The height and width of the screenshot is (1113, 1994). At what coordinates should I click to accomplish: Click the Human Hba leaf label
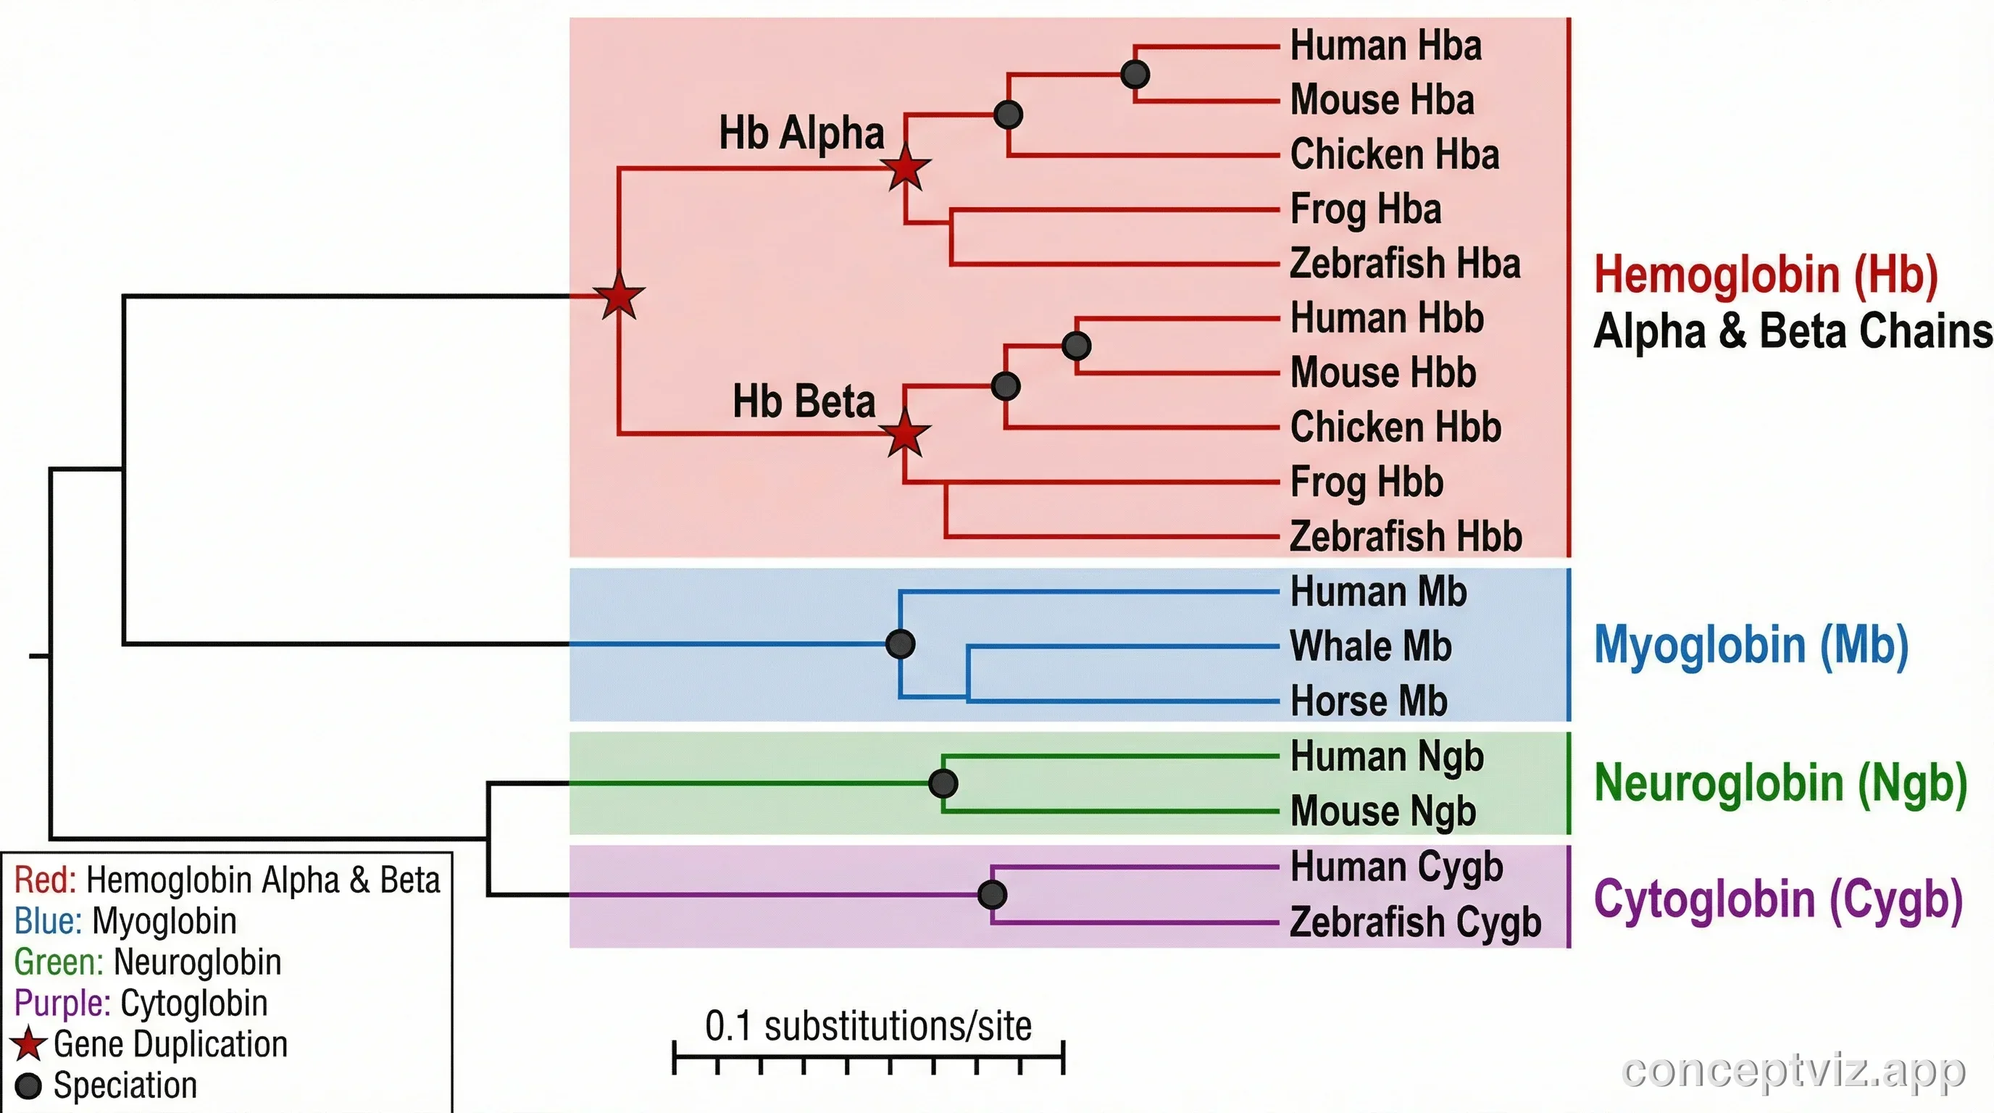[1385, 46]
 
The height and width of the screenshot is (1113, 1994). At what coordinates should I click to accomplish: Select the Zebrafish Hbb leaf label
[1406, 536]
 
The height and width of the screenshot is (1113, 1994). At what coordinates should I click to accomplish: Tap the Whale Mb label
[1370, 646]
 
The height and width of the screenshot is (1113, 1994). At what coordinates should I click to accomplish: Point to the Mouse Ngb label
[1383, 812]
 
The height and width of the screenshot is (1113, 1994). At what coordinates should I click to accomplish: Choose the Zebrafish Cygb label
[1415, 922]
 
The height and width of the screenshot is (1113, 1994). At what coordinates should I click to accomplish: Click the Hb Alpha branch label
[801, 133]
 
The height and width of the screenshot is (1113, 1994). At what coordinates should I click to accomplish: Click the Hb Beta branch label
[804, 401]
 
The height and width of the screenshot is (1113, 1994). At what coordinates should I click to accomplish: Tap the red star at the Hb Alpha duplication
[906, 168]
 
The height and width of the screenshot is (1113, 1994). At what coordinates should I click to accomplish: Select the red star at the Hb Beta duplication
[904, 434]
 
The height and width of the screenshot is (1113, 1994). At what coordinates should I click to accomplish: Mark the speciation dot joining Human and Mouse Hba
[1135, 75]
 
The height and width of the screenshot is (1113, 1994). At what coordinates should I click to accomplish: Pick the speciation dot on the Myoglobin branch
[900, 644]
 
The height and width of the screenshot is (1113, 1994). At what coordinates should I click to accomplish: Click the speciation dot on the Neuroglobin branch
[943, 783]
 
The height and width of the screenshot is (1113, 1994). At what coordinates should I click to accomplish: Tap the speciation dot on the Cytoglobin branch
[993, 895]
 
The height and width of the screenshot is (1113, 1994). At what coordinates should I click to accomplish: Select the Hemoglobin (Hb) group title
[1766, 275]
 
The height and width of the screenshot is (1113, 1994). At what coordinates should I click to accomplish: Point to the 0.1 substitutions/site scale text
[868, 1026]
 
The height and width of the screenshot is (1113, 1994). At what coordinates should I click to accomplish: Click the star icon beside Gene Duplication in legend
[30, 1044]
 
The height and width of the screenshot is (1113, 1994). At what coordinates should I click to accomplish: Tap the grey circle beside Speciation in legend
[29, 1086]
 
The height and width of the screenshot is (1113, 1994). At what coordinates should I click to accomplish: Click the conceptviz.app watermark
[1793, 1071]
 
